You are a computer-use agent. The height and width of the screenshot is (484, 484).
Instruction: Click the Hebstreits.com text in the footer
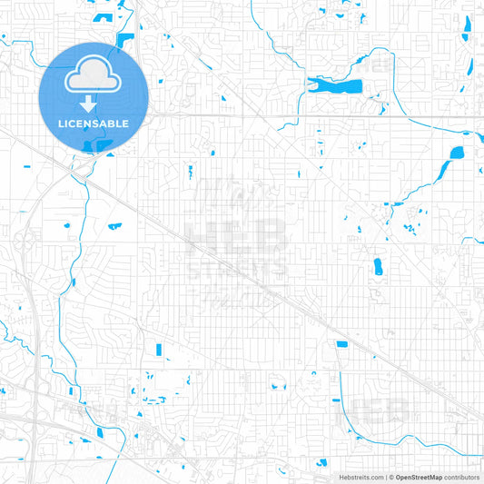360,477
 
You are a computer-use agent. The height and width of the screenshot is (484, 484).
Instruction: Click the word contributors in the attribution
462,477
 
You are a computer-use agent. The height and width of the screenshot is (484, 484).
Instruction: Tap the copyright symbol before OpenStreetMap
392,477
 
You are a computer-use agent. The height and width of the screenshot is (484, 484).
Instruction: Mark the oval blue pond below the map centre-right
378,266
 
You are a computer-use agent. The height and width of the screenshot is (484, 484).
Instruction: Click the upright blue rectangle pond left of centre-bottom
159,349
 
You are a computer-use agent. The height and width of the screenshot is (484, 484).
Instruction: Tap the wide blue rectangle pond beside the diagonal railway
341,344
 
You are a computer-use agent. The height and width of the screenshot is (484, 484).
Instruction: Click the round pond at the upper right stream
457,153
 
